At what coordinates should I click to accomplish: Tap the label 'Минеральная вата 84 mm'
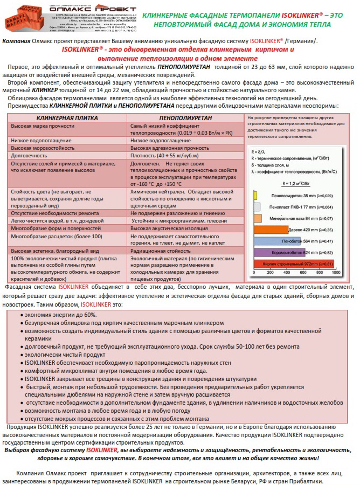pyautogui.click(x=299, y=218)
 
